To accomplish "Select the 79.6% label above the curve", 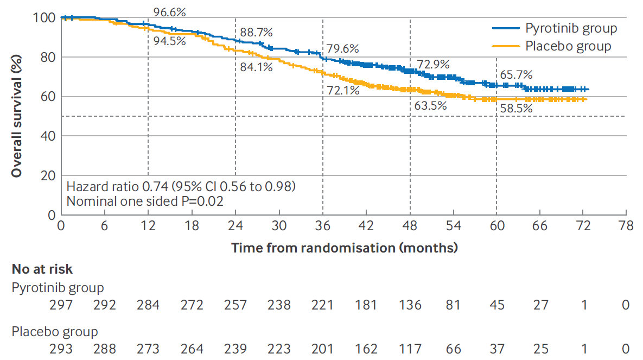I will [343, 48].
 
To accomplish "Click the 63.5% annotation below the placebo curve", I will [430, 105].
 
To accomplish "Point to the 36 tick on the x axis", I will [323, 226].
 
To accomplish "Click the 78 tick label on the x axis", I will [626, 226].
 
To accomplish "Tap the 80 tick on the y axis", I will [48, 57].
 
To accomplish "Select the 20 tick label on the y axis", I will [48, 175].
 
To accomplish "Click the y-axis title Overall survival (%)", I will [17, 116].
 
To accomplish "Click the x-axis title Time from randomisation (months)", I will [345, 248].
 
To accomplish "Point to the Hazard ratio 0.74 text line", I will [181, 187].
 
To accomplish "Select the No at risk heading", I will [42, 269].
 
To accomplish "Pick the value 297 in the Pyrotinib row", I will [61, 305].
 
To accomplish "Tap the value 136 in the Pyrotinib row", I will [410, 305].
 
